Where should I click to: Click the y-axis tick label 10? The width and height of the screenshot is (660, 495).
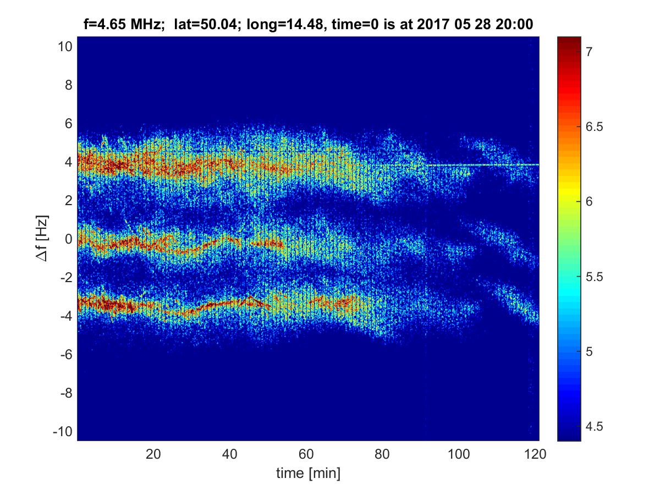pyautogui.click(x=64, y=47)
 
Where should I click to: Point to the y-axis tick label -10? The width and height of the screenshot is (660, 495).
pyautogui.click(x=62, y=432)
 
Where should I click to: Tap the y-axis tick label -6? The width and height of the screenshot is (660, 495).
pyautogui.click(x=65, y=355)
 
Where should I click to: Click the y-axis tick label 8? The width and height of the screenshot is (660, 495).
pyautogui.click(x=67, y=85)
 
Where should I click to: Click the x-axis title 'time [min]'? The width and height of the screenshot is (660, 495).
pyautogui.click(x=308, y=473)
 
